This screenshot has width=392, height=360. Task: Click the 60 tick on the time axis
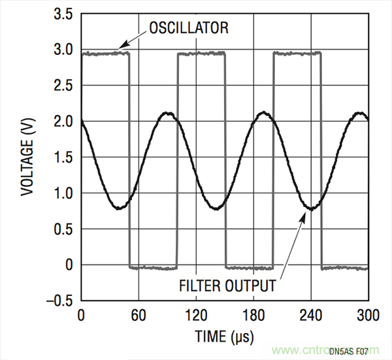click(138, 316)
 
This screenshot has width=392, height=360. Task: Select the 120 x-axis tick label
click(195, 316)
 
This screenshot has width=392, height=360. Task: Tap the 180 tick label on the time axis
click(253, 316)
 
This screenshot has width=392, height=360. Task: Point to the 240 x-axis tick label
click(310, 316)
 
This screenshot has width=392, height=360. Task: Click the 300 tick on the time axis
click(367, 316)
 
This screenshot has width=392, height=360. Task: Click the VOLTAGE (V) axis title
click(27, 157)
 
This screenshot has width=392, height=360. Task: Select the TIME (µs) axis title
click(224, 336)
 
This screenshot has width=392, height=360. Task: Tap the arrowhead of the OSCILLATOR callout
click(120, 48)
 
